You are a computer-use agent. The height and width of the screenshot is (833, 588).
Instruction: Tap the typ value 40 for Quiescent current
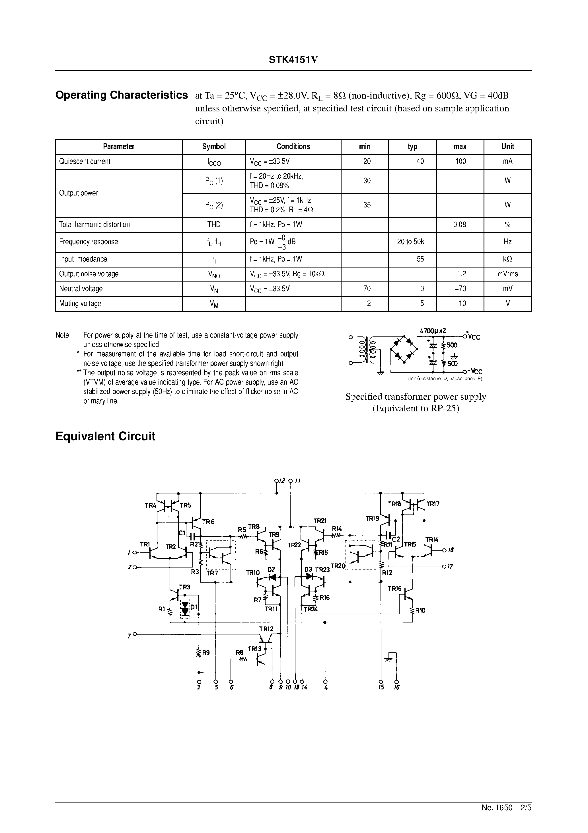(x=420, y=162)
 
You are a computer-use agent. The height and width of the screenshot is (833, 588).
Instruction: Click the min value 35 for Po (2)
(x=367, y=205)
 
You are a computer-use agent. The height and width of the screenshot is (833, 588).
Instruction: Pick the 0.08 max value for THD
(x=459, y=224)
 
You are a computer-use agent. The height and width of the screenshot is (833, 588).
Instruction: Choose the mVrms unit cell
(x=507, y=274)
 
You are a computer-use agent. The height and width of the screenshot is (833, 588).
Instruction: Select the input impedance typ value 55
(x=420, y=259)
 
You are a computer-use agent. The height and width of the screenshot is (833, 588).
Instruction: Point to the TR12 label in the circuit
(x=266, y=629)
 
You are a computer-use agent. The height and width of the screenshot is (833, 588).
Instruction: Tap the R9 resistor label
(x=205, y=653)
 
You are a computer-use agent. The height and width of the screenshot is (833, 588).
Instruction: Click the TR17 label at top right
(x=433, y=504)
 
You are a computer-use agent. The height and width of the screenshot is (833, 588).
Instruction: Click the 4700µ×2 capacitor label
(x=433, y=331)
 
